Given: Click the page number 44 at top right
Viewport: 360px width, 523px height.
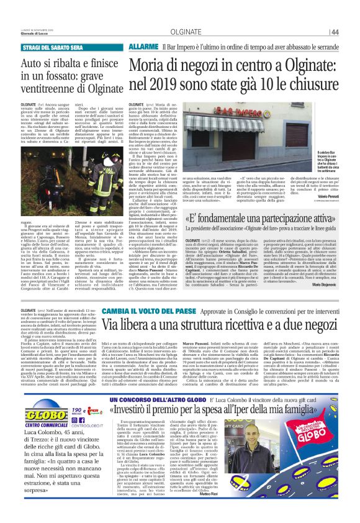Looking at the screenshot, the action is point(351,32).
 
